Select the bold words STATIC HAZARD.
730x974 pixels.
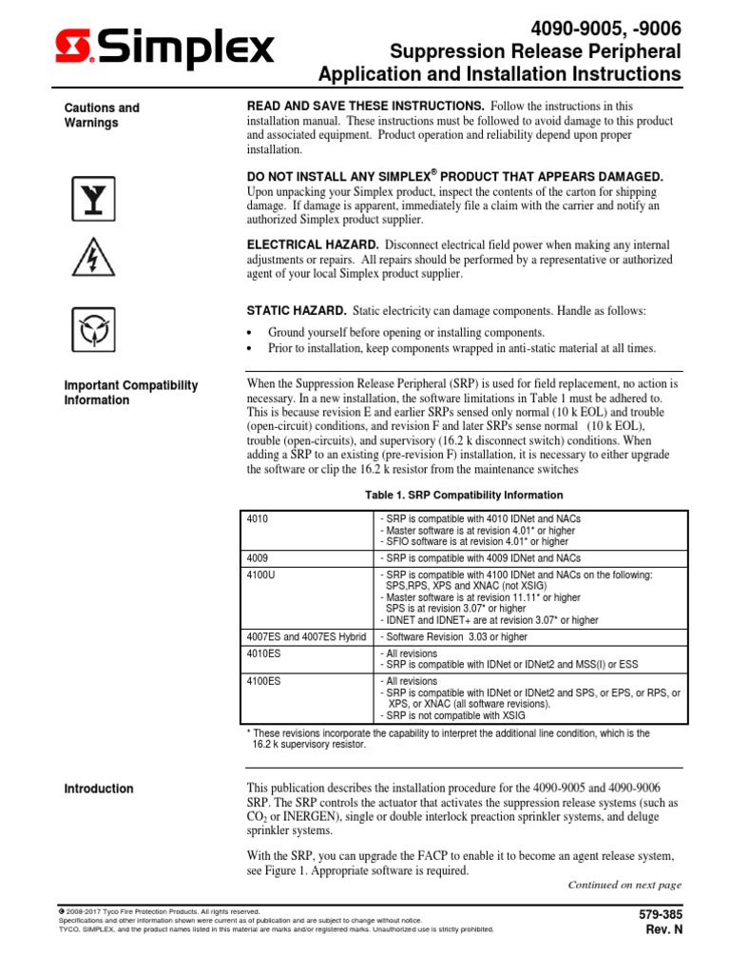click(x=296, y=311)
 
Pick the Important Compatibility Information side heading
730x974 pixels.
click(x=130, y=393)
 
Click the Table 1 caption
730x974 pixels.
click(x=465, y=496)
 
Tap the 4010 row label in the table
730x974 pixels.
click(x=257, y=518)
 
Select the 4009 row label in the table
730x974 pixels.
click(x=257, y=558)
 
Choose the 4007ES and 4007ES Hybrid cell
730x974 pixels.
click(x=305, y=636)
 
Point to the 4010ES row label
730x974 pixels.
click(x=262, y=654)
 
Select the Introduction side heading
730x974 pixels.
click(x=98, y=789)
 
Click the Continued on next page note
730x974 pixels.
click(x=624, y=885)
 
